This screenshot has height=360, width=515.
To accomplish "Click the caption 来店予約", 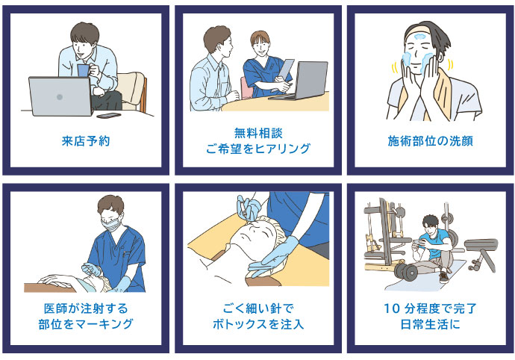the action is click(x=86, y=141).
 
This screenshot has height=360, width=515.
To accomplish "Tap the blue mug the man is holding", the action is click(x=83, y=70).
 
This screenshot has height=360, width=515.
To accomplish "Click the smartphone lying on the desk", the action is click(x=109, y=116).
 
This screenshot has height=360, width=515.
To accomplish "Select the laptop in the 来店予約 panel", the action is click(x=60, y=96).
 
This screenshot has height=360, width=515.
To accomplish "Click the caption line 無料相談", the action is click(x=258, y=133).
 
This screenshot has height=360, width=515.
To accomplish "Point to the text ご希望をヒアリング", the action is click(x=258, y=149).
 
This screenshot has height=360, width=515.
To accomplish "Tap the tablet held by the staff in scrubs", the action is click(x=285, y=70).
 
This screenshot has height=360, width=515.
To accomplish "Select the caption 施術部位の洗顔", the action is click(x=431, y=141).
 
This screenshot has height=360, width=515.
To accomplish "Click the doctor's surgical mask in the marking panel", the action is click(x=110, y=225).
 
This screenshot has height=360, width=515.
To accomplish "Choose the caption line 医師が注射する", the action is click(x=86, y=308).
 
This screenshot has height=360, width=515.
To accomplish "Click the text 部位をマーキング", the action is click(x=86, y=324).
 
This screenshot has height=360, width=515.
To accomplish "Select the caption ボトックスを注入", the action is click(x=258, y=324).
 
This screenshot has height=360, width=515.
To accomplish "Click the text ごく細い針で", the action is click(x=258, y=308).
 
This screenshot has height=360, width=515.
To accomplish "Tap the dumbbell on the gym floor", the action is click(x=408, y=271).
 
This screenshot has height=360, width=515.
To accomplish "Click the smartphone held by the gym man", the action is click(x=419, y=242).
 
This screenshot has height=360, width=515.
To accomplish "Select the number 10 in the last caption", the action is click(x=392, y=308).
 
